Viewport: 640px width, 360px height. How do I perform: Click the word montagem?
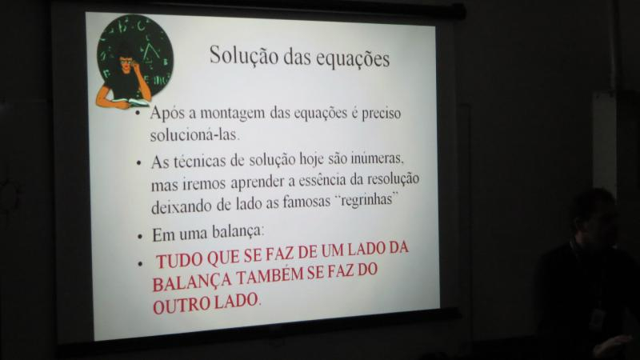(x=232, y=113)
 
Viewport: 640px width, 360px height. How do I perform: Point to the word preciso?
(x=382, y=113)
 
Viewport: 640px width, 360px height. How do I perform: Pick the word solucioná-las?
(x=194, y=134)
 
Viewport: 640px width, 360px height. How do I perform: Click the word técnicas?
(x=199, y=162)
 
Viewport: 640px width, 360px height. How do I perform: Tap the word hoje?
(x=312, y=158)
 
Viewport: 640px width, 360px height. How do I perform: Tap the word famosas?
(x=306, y=202)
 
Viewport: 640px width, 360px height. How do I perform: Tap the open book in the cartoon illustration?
(x=130, y=102)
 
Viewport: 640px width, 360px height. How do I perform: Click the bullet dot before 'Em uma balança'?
(x=140, y=237)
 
